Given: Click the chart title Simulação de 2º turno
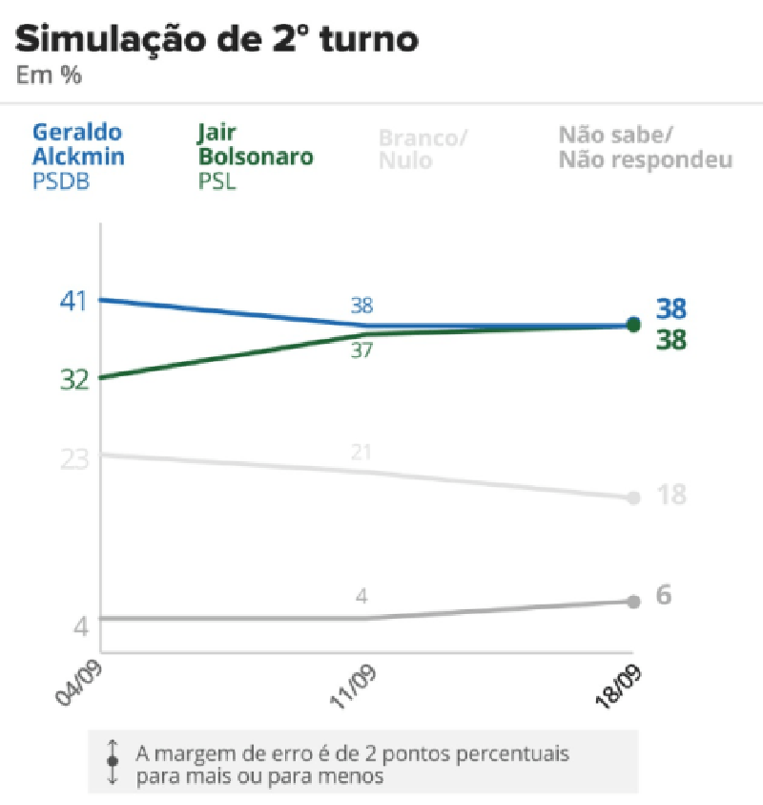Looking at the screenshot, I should coord(217,40).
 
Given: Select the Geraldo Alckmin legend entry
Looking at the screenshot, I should coord(78,145).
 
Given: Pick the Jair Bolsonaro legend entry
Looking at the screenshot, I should coord(255,145).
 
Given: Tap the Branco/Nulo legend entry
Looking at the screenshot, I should coord(423,148).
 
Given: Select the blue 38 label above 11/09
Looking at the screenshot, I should coord(361,306).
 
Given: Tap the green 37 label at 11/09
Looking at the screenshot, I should coord(361,350).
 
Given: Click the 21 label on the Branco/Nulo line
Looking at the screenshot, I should coord(361,452).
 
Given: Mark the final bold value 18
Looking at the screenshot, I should coord(670,495).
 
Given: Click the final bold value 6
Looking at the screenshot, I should coord(665,595).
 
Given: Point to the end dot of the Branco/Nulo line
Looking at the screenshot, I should coord(632,498).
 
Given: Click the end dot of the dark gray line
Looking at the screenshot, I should coord(632,601).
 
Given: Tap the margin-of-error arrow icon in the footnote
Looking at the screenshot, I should coord(113,762).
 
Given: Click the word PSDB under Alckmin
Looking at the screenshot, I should coord(61,180).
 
